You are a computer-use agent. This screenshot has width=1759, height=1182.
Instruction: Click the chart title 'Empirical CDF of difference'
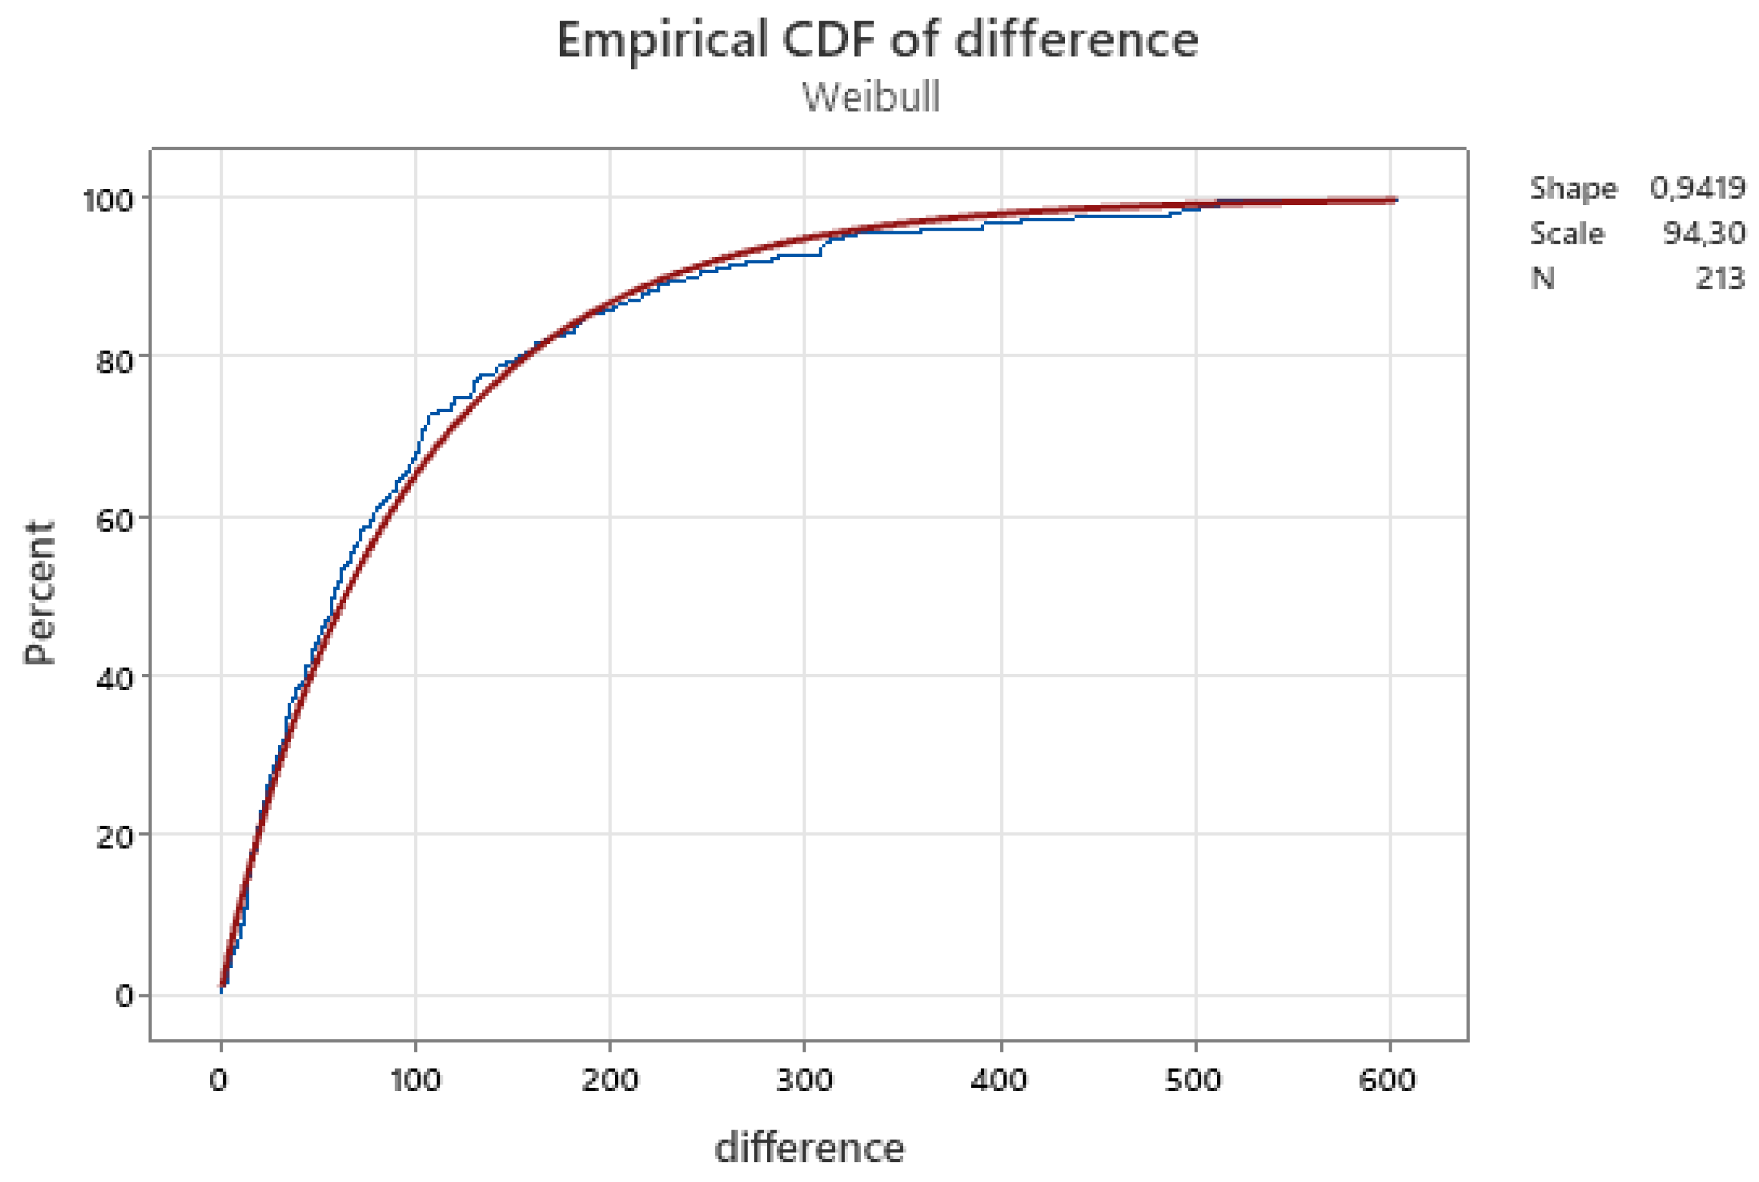point(877,40)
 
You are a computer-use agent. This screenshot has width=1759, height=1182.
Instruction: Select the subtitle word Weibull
point(871,97)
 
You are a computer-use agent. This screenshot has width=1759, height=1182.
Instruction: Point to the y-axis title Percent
point(39,592)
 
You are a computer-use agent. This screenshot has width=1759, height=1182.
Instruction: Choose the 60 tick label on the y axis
point(114,520)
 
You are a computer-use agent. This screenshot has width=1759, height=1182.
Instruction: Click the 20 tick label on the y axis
point(114,837)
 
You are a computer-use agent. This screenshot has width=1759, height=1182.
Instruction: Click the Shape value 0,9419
point(1697,188)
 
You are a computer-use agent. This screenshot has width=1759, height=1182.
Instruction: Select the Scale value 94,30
point(1704,234)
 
